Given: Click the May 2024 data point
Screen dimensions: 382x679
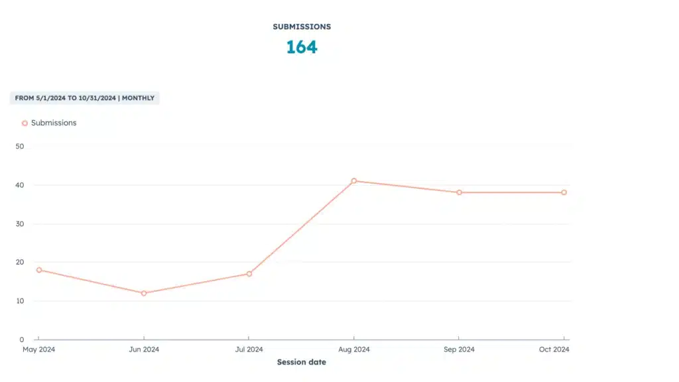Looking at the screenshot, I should pos(39,270).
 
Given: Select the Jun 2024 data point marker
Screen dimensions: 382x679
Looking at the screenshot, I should pos(144,293).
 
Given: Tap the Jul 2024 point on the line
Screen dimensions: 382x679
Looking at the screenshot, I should pos(249,274).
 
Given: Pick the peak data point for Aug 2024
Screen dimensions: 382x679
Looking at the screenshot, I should pos(354,180).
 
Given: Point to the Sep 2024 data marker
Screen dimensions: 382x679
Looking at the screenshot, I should pos(459,192).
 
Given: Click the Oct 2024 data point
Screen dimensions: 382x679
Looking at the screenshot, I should pos(564,192).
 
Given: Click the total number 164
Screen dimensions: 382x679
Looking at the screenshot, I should pos(302,47).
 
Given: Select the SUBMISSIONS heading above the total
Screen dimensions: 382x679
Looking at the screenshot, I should pos(302,27).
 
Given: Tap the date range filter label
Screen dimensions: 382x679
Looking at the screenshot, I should pos(85,98).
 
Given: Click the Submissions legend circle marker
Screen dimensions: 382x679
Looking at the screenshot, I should pos(25,123).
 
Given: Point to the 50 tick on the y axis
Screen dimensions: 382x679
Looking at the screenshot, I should pos(19,147).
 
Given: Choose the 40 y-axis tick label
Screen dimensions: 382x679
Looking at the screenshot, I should pos(19,185).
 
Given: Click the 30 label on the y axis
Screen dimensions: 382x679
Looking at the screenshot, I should pos(19,223).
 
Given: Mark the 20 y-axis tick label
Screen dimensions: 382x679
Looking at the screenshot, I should pos(19,262).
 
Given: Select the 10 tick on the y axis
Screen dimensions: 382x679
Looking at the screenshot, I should pos(19,300).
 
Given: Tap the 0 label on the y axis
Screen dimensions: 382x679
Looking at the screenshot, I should pos(21,339).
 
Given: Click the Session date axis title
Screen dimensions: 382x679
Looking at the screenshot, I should pos(302,362).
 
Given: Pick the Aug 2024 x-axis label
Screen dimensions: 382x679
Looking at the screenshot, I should pos(354,350).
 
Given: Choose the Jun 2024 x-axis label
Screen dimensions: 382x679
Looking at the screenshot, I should pos(144,350).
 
